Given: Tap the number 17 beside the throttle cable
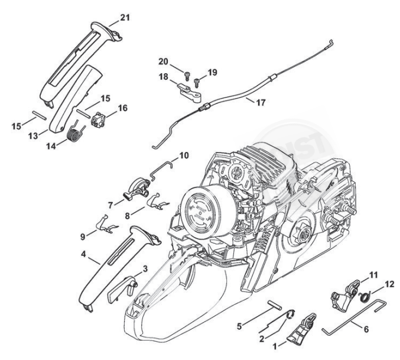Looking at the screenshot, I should (x=261, y=102).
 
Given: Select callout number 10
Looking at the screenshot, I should (x=184, y=156).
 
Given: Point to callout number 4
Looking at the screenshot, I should (x=84, y=255).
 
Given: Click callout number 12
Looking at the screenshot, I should (x=388, y=284).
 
